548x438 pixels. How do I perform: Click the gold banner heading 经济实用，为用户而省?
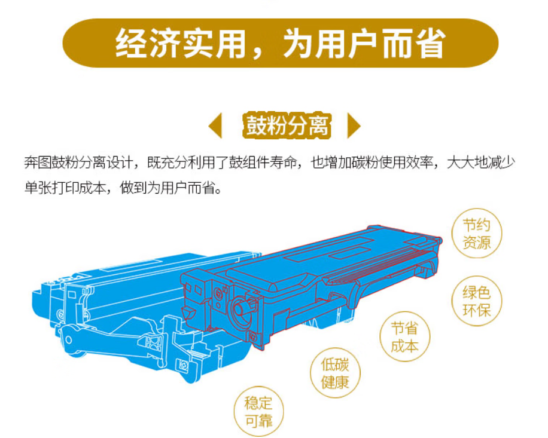(281, 43)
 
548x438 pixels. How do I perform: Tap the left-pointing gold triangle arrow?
(216, 125)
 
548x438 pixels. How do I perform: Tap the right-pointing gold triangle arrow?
(354, 125)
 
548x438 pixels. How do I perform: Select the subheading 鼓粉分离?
(287, 125)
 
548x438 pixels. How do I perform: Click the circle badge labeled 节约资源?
(477, 234)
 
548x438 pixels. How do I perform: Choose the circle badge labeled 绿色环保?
(477, 301)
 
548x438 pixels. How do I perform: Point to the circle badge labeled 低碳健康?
(335, 373)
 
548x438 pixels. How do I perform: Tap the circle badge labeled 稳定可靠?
(258, 412)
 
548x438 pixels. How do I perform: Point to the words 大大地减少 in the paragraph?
(481, 163)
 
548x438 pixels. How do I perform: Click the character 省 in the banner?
(431, 43)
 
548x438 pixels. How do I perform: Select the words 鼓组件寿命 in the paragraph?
(263, 163)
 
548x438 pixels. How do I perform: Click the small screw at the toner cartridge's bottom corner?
(253, 337)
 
